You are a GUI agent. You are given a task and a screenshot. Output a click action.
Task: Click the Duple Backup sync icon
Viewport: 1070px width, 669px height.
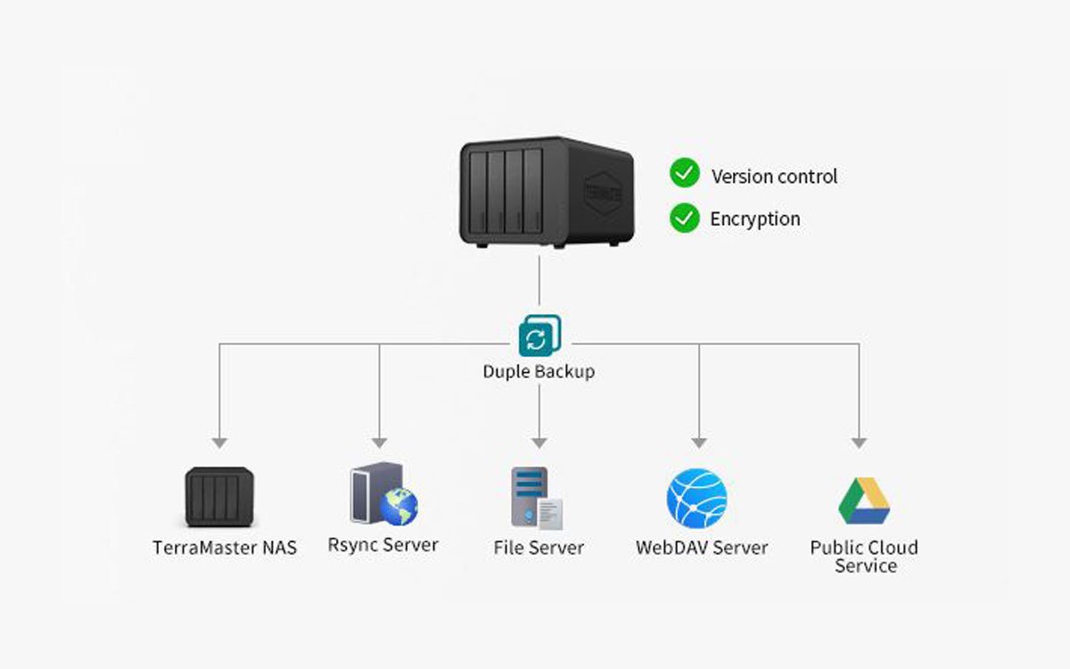pyautogui.click(x=539, y=336)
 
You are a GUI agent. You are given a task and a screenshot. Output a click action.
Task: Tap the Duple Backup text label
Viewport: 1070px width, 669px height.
pyautogui.click(x=539, y=371)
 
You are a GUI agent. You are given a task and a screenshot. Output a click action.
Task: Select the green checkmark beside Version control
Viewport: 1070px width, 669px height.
pyautogui.click(x=685, y=173)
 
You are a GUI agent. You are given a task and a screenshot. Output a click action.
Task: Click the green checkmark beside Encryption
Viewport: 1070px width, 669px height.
pyautogui.click(x=685, y=217)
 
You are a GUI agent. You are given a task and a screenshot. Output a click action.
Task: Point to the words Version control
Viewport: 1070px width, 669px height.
pyautogui.click(x=774, y=177)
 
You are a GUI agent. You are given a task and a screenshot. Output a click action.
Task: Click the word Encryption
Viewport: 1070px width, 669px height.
pyautogui.click(x=755, y=219)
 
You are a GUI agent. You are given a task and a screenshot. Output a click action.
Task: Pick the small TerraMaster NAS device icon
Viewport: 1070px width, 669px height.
pyautogui.click(x=219, y=498)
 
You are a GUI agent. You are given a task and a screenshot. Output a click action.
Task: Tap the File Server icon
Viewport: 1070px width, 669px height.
pyautogui.click(x=537, y=498)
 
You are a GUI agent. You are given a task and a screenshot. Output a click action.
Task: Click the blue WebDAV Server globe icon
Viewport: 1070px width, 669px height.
pyautogui.click(x=696, y=499)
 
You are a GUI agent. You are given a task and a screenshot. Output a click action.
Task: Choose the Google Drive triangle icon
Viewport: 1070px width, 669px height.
pyautogui.click(x=864, y=501)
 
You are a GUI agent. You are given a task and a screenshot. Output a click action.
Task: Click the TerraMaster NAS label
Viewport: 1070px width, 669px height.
pyautogui.click(x=225, y=547)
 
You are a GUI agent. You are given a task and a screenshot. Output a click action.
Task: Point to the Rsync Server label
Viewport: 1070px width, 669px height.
pyautogui.click(x=383, y=544)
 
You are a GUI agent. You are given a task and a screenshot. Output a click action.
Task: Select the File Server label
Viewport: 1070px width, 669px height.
pyautogui.click(x=539, y=547)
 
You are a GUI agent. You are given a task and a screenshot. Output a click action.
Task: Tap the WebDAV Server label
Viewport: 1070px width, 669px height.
pyautogui.click(x=702, y=547)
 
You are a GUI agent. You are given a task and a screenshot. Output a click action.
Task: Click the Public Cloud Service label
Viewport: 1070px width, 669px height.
pyautogui.click(x=864, y=556)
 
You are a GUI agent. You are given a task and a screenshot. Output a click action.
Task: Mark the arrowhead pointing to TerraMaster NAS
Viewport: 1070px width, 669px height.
pyautogui.click(x=219, y=442)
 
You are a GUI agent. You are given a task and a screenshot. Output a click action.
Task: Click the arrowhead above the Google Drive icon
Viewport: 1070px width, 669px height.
pyautogui.click(x=859, y=442)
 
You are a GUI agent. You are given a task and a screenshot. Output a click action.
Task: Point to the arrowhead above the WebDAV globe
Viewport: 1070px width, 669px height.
pyautogui.click(x=699, y=442)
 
